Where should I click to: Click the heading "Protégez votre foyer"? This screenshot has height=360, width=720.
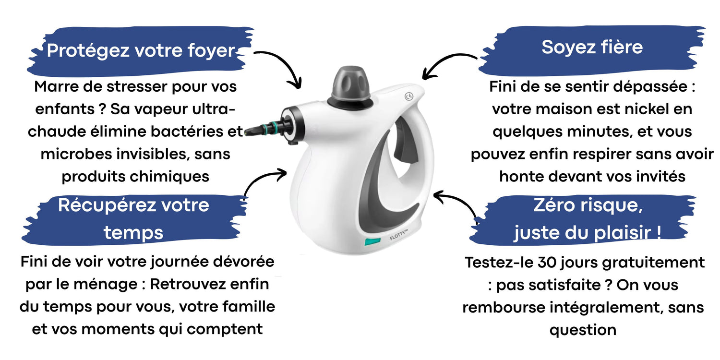tap(141, 50)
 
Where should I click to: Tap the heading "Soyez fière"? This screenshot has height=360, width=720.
tap(592, 47)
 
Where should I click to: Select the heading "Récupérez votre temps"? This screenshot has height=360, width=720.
tap(133, 218)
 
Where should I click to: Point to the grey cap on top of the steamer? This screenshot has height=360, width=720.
tap(351, 84)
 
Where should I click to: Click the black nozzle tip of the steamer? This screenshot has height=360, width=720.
tap(252, 131)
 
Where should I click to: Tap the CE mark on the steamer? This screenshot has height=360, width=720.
tap(409, 96)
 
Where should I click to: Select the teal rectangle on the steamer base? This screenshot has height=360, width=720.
tap(372, 241)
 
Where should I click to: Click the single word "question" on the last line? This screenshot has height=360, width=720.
tap(583, 330)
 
